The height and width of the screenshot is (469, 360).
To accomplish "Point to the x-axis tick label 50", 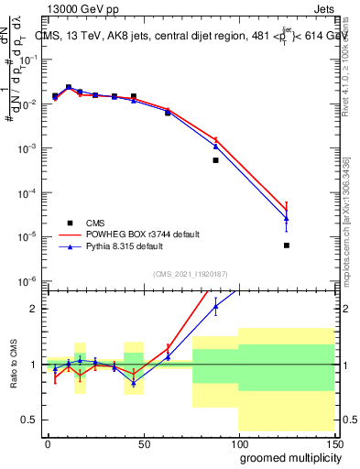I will point(143,443).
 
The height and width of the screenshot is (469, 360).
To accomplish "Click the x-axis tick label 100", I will point(238,443).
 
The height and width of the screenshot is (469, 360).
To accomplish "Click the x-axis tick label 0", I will point(48,443).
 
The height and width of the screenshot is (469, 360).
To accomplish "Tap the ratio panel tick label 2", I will point(33,309).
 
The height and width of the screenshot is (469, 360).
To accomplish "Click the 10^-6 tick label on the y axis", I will point(29,281).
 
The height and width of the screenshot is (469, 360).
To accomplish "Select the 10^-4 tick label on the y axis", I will point(29,192).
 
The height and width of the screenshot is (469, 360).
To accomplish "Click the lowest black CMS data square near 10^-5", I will point(287,245).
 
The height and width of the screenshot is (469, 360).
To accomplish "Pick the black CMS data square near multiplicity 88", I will point(215,160).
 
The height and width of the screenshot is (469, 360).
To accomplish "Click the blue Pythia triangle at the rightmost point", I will point(287,219).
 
